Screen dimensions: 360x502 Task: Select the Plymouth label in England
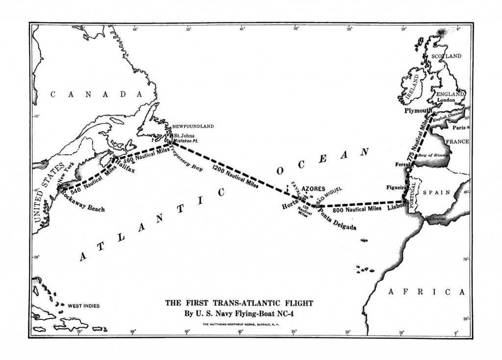tap(418, 111)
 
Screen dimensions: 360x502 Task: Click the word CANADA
tap(95, 94)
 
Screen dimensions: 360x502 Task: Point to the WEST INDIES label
tap(83, 306)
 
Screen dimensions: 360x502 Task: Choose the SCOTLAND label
tap(446, 56)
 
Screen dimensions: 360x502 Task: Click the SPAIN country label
tap(439, 192)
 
